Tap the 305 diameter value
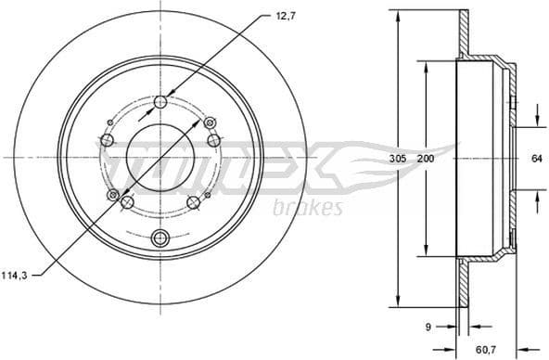pos(396,159)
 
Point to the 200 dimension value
pos(426,159)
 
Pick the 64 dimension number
pos(536,158)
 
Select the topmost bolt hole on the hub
pos(160,102)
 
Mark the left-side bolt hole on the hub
pos(106,140)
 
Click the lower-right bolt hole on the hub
pos(193,203)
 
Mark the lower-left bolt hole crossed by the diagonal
pos(114,196)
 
